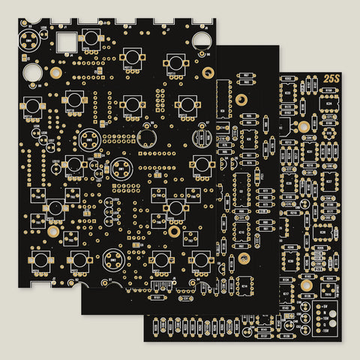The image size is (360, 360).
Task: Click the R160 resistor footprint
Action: pos(328,91)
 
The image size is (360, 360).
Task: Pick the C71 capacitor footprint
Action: pos(328,118)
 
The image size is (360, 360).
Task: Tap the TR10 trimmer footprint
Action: pos(328,294)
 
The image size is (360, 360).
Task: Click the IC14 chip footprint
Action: pos(244,286)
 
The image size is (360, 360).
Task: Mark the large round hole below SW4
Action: pos(147,137)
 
